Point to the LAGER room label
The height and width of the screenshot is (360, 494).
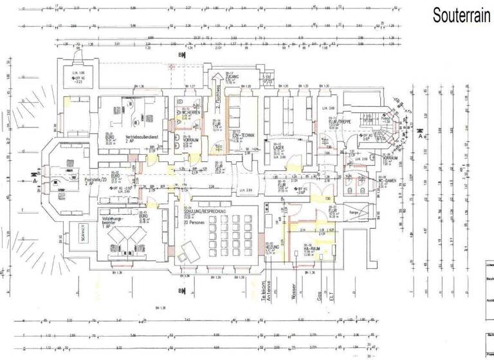pos(279,147)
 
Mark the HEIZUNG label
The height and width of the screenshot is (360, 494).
pos(271,246)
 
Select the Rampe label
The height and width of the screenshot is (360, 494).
pos(353,213)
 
